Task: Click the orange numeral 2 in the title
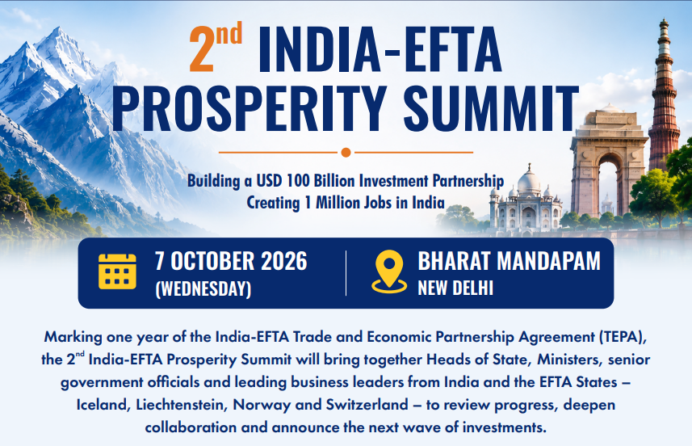[202, 48]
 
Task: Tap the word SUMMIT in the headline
[491, 107]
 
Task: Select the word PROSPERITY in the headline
[250, 107]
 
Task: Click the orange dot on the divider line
[346, 153]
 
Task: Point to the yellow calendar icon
[117, 271]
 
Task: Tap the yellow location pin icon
[389, 271]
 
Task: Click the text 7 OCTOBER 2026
[231, 261]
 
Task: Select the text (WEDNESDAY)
[203, 288]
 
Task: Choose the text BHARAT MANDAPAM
[509, 261]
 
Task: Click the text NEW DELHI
[455, 288]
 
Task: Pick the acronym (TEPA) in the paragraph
[623, 337]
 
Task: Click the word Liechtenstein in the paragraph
[182, 405]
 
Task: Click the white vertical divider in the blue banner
[346, 273]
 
